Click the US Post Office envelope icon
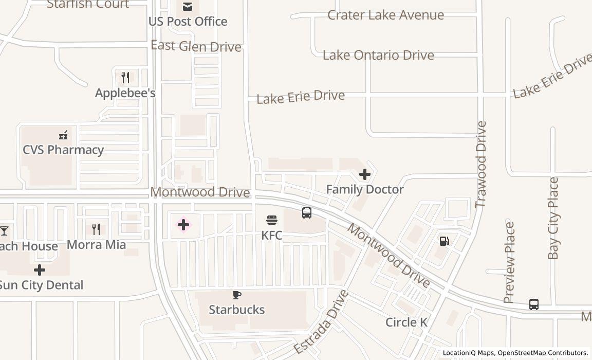click(188, 7)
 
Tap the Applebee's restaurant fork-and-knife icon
click(125, 78)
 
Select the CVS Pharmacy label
click(63, 150)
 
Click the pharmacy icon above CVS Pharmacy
click(63, 135)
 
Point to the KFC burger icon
click(272, 221)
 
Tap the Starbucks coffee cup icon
click(236, 295)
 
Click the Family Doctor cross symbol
click(365, 175)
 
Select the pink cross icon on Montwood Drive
click(183, 225)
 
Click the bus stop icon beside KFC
click(307, 212)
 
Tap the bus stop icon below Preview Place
click(534, 304)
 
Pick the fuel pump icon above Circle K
click(445, 241)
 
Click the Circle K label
click(406, 322)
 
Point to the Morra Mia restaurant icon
click(96, 229)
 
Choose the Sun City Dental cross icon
click(40, 270)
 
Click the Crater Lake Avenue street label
click(385, 15)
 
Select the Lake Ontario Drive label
click(378, 55)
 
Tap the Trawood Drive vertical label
click(480, 165)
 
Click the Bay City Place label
click(553, 218)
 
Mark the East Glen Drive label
click(196, 46)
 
